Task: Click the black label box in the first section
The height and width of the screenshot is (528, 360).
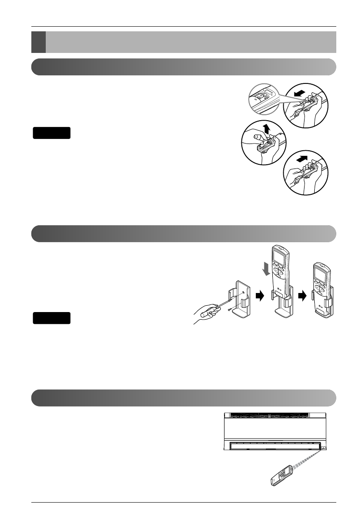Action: (x=52, y=133)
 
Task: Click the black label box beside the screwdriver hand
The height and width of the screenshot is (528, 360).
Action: (x=52, y=318)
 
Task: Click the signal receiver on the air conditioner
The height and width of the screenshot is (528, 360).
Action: (x=324, y=448)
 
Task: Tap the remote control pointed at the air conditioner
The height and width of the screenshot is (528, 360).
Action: (x=281, y=475)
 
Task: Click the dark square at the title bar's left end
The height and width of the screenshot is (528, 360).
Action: (x=38, y=41)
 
